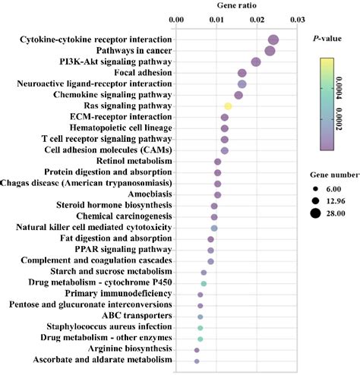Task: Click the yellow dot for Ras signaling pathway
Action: pos(227,106)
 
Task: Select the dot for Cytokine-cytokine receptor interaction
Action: pos(273,40)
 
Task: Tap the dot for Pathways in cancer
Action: pos(270,51)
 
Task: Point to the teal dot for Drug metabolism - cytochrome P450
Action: pos(204,283)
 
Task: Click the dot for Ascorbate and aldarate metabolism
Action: pos(197,361)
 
